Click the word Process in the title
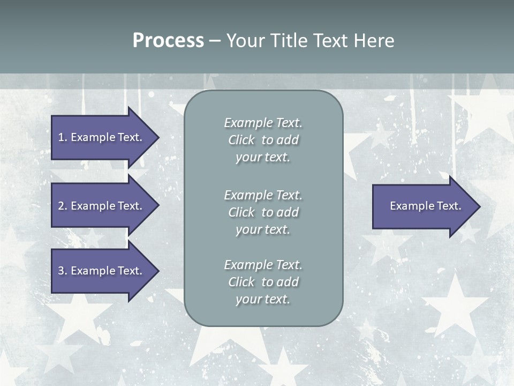point(168,41)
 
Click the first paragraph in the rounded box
point(263,140)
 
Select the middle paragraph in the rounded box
point(263,212)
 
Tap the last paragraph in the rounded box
point(263,282)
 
